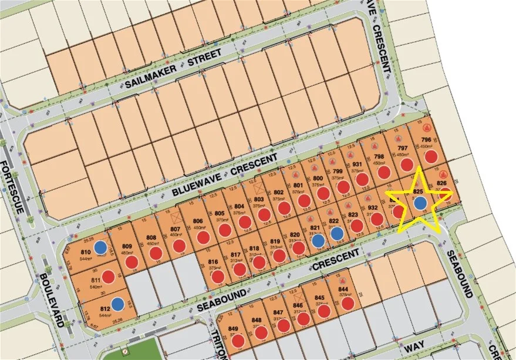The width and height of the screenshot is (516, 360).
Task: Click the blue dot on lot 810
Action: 101,247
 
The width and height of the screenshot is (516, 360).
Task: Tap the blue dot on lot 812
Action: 118,304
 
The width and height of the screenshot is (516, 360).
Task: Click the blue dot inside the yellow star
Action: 420,203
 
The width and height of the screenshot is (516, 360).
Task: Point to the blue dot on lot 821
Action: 318,240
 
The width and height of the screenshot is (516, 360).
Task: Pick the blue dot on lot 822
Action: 336,234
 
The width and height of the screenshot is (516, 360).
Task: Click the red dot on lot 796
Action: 431,156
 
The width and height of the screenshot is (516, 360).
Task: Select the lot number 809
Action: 127,247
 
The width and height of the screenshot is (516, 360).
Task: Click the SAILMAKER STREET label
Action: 173,69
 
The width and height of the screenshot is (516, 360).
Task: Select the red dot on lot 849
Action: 237,341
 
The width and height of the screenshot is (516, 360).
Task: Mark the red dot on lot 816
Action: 218,276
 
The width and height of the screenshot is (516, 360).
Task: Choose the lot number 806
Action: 197,221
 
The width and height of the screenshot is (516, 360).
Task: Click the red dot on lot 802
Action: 285,208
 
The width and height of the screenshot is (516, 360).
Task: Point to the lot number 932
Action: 372,208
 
